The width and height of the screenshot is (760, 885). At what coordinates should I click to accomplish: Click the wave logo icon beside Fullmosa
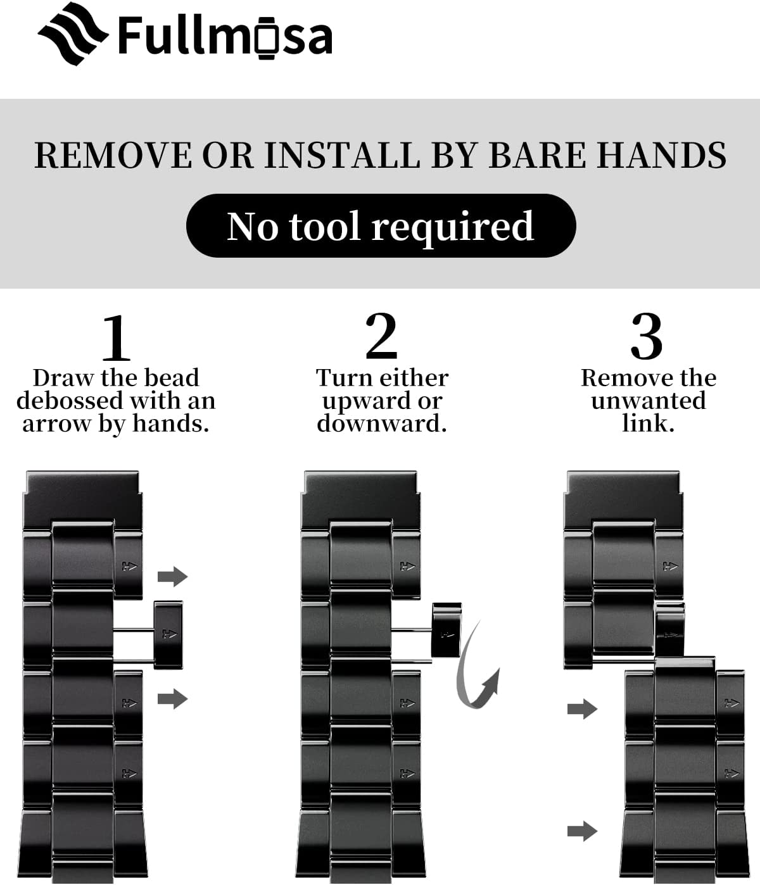pos(73,34)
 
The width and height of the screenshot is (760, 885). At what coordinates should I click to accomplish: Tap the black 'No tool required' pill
pos(381,225)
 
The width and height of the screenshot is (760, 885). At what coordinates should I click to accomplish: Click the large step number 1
pos(116,337)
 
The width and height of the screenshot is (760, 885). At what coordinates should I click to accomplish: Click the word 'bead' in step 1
pos(172,378)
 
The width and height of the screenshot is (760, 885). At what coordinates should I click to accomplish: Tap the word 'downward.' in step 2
pos(382,424)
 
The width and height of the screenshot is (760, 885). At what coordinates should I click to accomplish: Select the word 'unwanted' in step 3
pos(648,401)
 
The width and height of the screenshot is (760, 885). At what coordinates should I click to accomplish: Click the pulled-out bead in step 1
pos(168,634)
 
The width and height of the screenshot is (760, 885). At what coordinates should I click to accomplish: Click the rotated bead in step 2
pos(447,629)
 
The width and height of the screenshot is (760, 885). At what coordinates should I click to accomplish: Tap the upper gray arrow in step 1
pos(173,576)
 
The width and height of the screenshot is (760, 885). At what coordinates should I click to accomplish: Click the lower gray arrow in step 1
pos(173,699)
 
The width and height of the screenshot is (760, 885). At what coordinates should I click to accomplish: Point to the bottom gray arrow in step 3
pos(582,831)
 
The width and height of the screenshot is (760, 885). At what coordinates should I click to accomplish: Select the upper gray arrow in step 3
pos(582,709)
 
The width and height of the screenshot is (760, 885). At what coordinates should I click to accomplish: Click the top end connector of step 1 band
pos(83,499)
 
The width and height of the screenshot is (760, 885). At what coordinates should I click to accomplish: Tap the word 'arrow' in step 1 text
pos(57,424)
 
